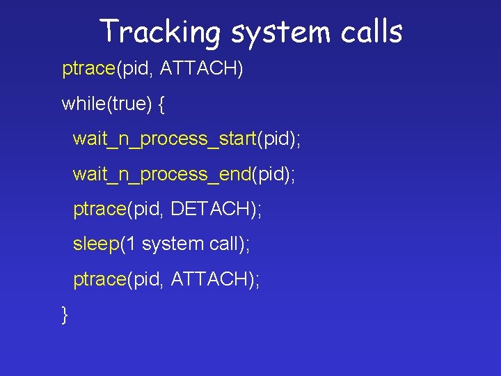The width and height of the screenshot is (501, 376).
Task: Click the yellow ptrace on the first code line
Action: (x=88, y=70)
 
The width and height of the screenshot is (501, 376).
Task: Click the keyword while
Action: (x=81, y=104)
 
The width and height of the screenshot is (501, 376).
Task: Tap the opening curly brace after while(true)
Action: (x=161, y=104)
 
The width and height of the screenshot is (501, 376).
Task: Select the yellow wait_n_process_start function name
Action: (x=165, y=139)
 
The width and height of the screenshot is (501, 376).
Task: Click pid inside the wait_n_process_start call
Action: (x=276, y=139)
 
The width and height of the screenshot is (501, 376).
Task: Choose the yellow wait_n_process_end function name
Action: (x=162, y=174)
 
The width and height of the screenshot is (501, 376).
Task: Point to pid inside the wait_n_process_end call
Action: (x=270, y=174)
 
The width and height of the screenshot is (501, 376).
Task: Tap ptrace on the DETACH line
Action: (x=100, y=210)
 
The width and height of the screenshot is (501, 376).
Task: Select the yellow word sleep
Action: (x=97, y=244)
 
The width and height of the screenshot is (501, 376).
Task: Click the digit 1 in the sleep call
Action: (x=132, y=244)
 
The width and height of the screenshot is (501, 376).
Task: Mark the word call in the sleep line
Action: (x=223, y=244)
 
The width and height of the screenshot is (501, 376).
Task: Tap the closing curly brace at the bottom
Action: (x=65, y=314)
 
